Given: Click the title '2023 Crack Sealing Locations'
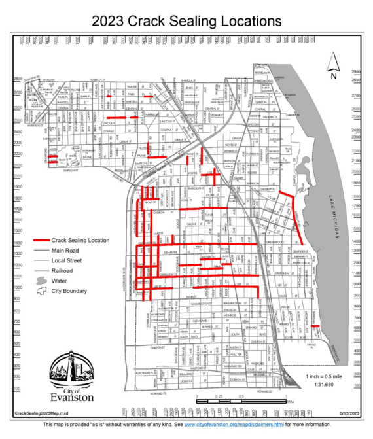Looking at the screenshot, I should click(186, 21).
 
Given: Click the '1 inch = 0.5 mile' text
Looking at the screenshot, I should click(325, 377).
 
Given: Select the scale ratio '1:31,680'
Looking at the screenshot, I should click(325, 385).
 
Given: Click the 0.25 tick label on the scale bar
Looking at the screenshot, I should click(219, 396).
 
